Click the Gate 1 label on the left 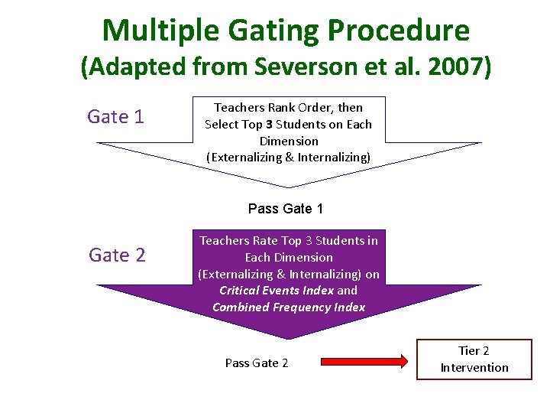115,116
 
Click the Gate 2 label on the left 117,255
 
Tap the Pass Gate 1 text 286,208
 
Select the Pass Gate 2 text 257,363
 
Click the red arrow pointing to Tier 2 364,362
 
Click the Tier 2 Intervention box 474,359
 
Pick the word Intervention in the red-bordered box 474,368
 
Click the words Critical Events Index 277,291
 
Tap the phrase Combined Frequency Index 289,307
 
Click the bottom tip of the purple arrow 288,337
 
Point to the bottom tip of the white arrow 288,186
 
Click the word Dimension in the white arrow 289,141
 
